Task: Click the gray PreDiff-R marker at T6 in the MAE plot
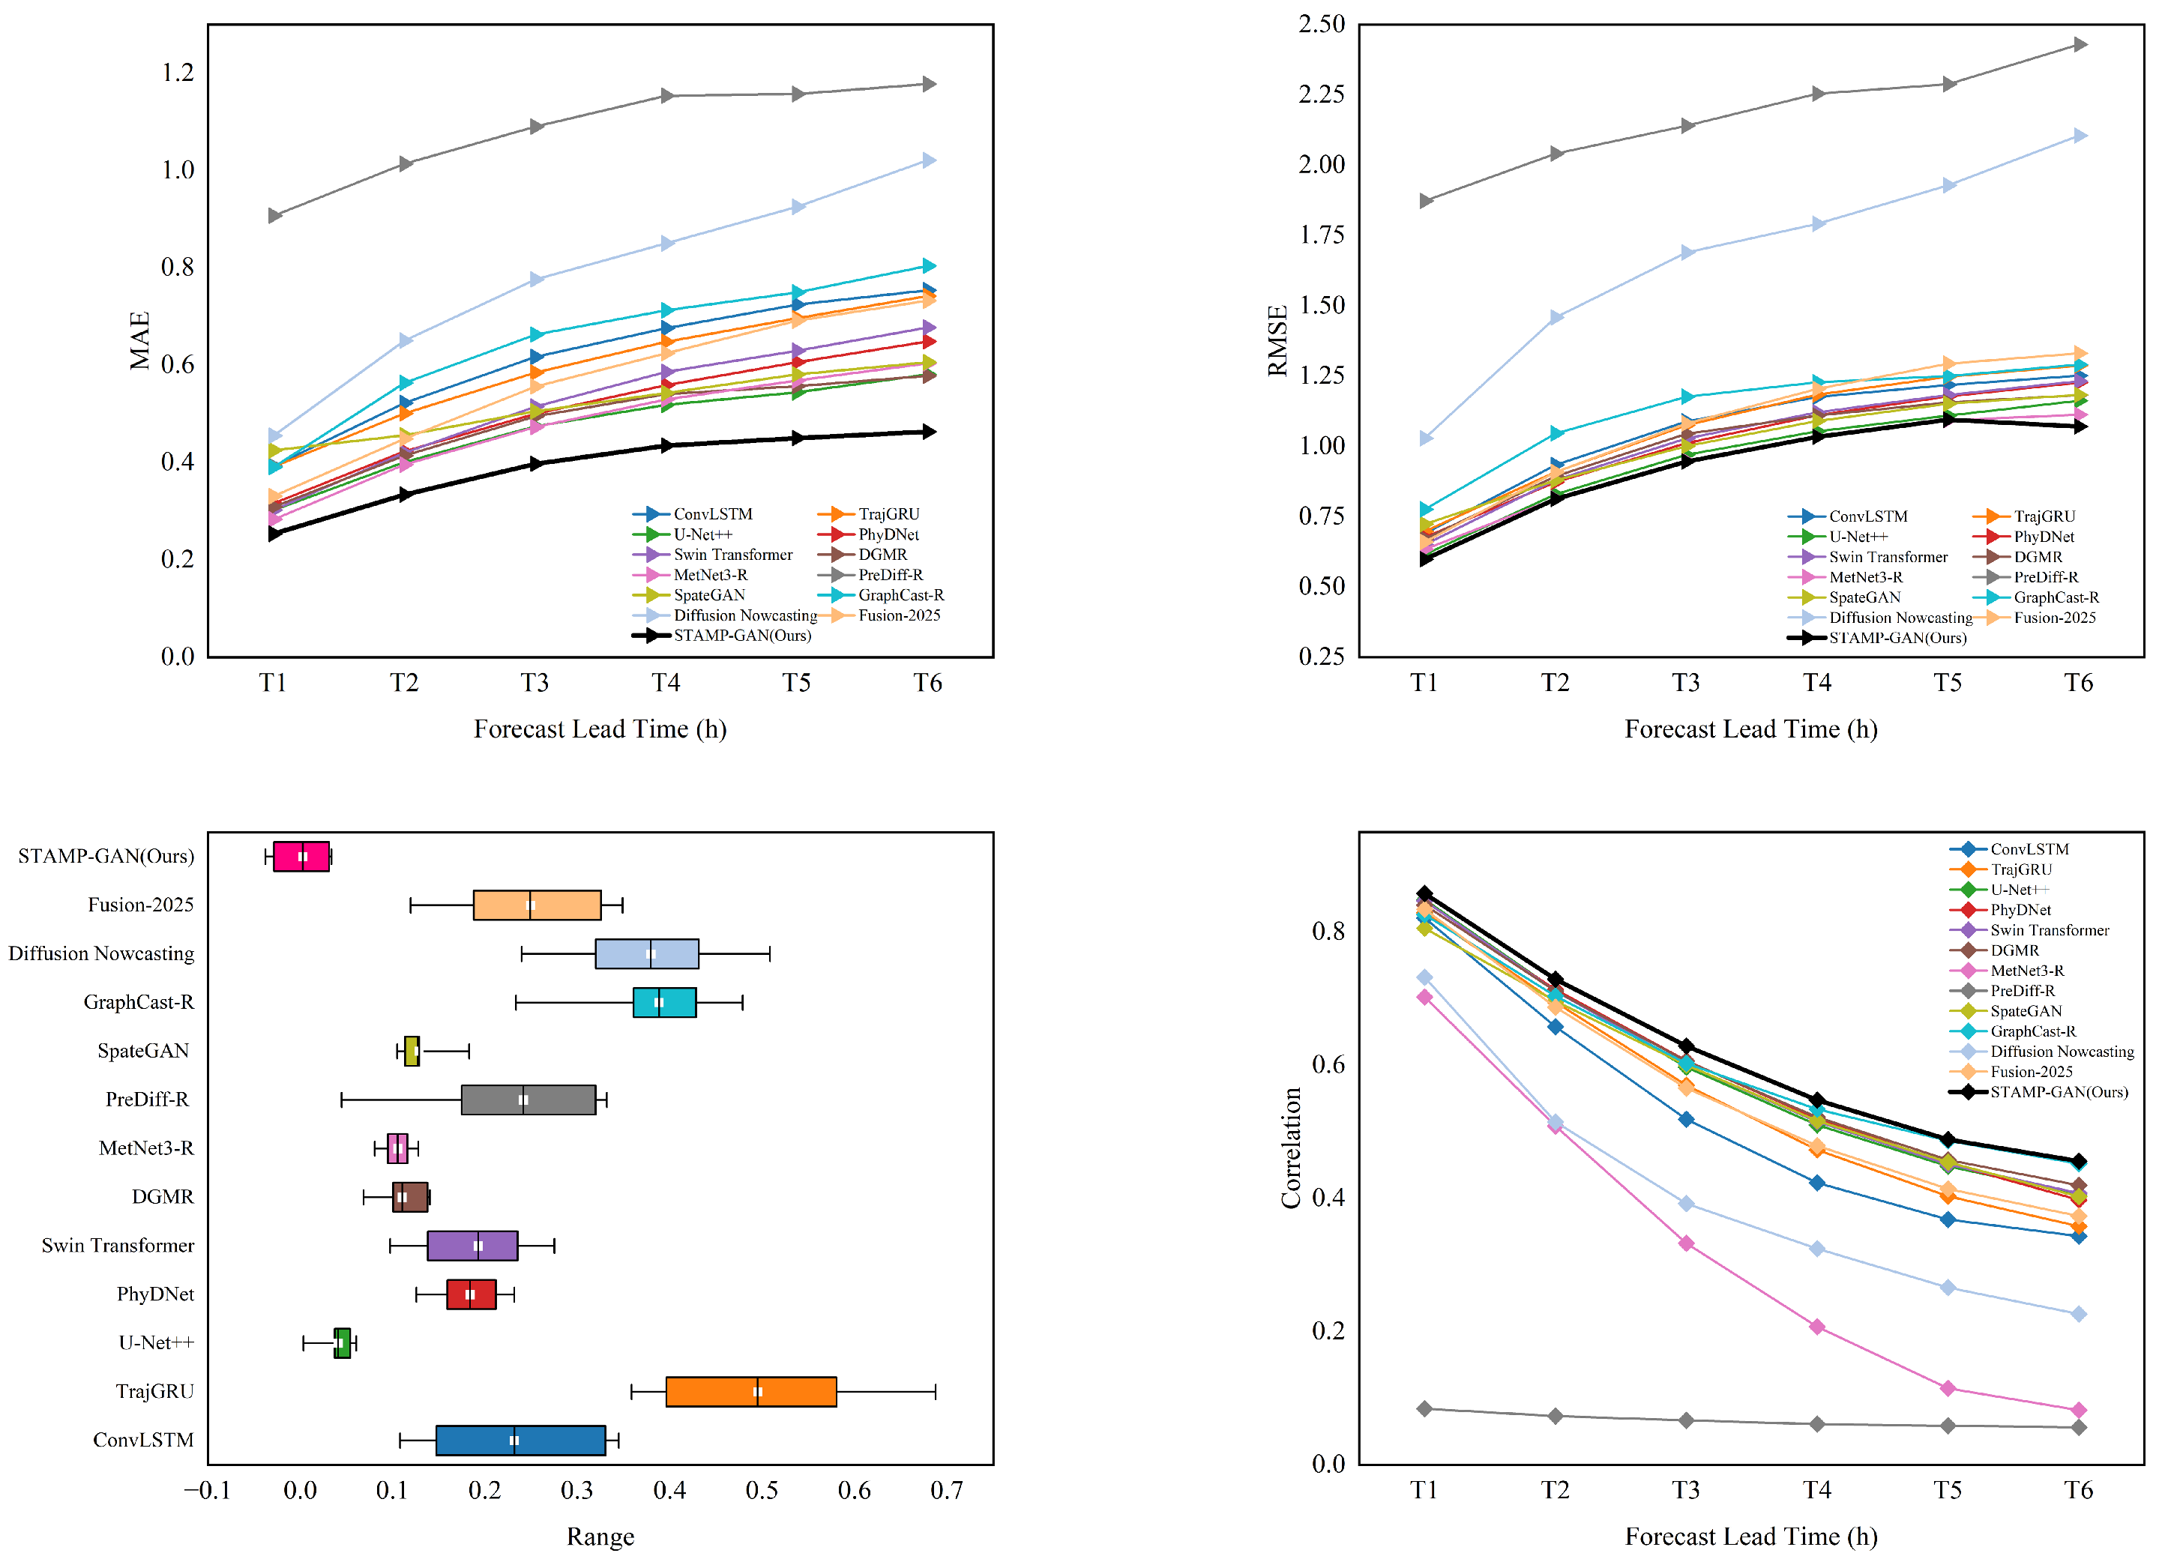coord(928,84)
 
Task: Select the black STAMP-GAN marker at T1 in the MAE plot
coord(275,534)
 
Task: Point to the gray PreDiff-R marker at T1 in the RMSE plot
coord(1425,200)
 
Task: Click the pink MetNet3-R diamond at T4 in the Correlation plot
coord(1816,1327)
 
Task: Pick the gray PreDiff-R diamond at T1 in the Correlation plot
coord(1424,1408)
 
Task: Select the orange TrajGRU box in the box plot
coord(751,1391)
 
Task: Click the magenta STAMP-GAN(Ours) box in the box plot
coord(301,856)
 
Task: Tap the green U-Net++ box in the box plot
coord(342,1342)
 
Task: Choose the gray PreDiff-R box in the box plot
coord(528,1100)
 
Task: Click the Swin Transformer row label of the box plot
coord(118,1245)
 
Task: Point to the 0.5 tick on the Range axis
coord(762,1491)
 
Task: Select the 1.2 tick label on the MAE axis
coord(178,73)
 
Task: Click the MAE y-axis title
coord(140,341)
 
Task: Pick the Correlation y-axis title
coord(1291,1148)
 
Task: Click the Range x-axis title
coord(600,1537)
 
